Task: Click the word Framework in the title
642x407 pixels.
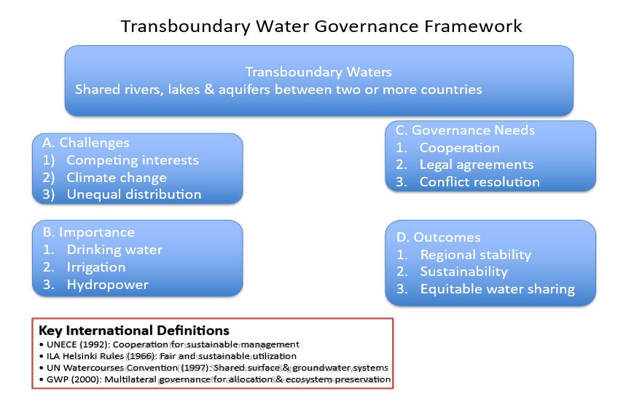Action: pos(473,26)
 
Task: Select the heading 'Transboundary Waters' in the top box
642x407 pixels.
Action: pos(318,72)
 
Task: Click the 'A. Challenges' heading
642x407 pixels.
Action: pos(86,143)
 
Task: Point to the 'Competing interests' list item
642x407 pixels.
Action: pos(133,160)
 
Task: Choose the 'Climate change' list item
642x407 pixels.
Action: pos(117,178)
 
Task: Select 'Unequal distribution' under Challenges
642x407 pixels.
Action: pos(134,194)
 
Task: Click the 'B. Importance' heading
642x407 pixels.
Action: pos(88,232)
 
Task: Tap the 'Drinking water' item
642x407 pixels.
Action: pos(114,250)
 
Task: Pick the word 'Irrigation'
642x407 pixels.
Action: pos(96,267)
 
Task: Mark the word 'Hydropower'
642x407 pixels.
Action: pos(108,285)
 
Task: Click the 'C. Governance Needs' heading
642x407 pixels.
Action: pos(465,130)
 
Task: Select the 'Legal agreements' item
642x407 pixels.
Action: pos(477,165)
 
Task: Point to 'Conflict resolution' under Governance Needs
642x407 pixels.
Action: pos(479,182)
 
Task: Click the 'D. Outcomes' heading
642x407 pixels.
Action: pos(439,237)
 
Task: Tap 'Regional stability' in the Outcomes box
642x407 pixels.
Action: pos(476,255)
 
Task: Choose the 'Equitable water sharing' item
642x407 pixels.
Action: pos(498,289)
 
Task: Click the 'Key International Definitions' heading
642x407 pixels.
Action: pos(134,331)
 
